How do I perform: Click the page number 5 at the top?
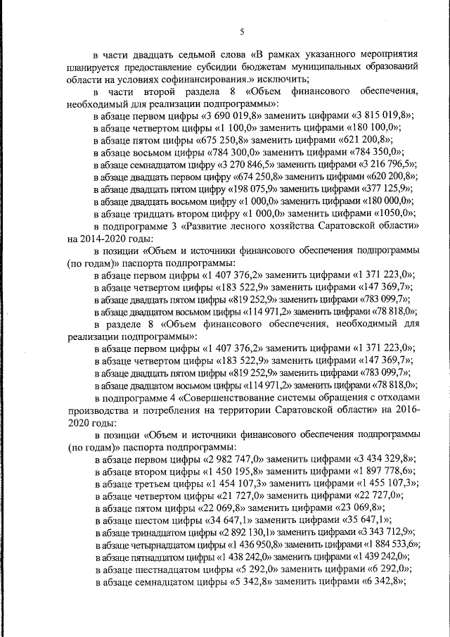[x=241, y=32]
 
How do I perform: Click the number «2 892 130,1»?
[x=259, y=532]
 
